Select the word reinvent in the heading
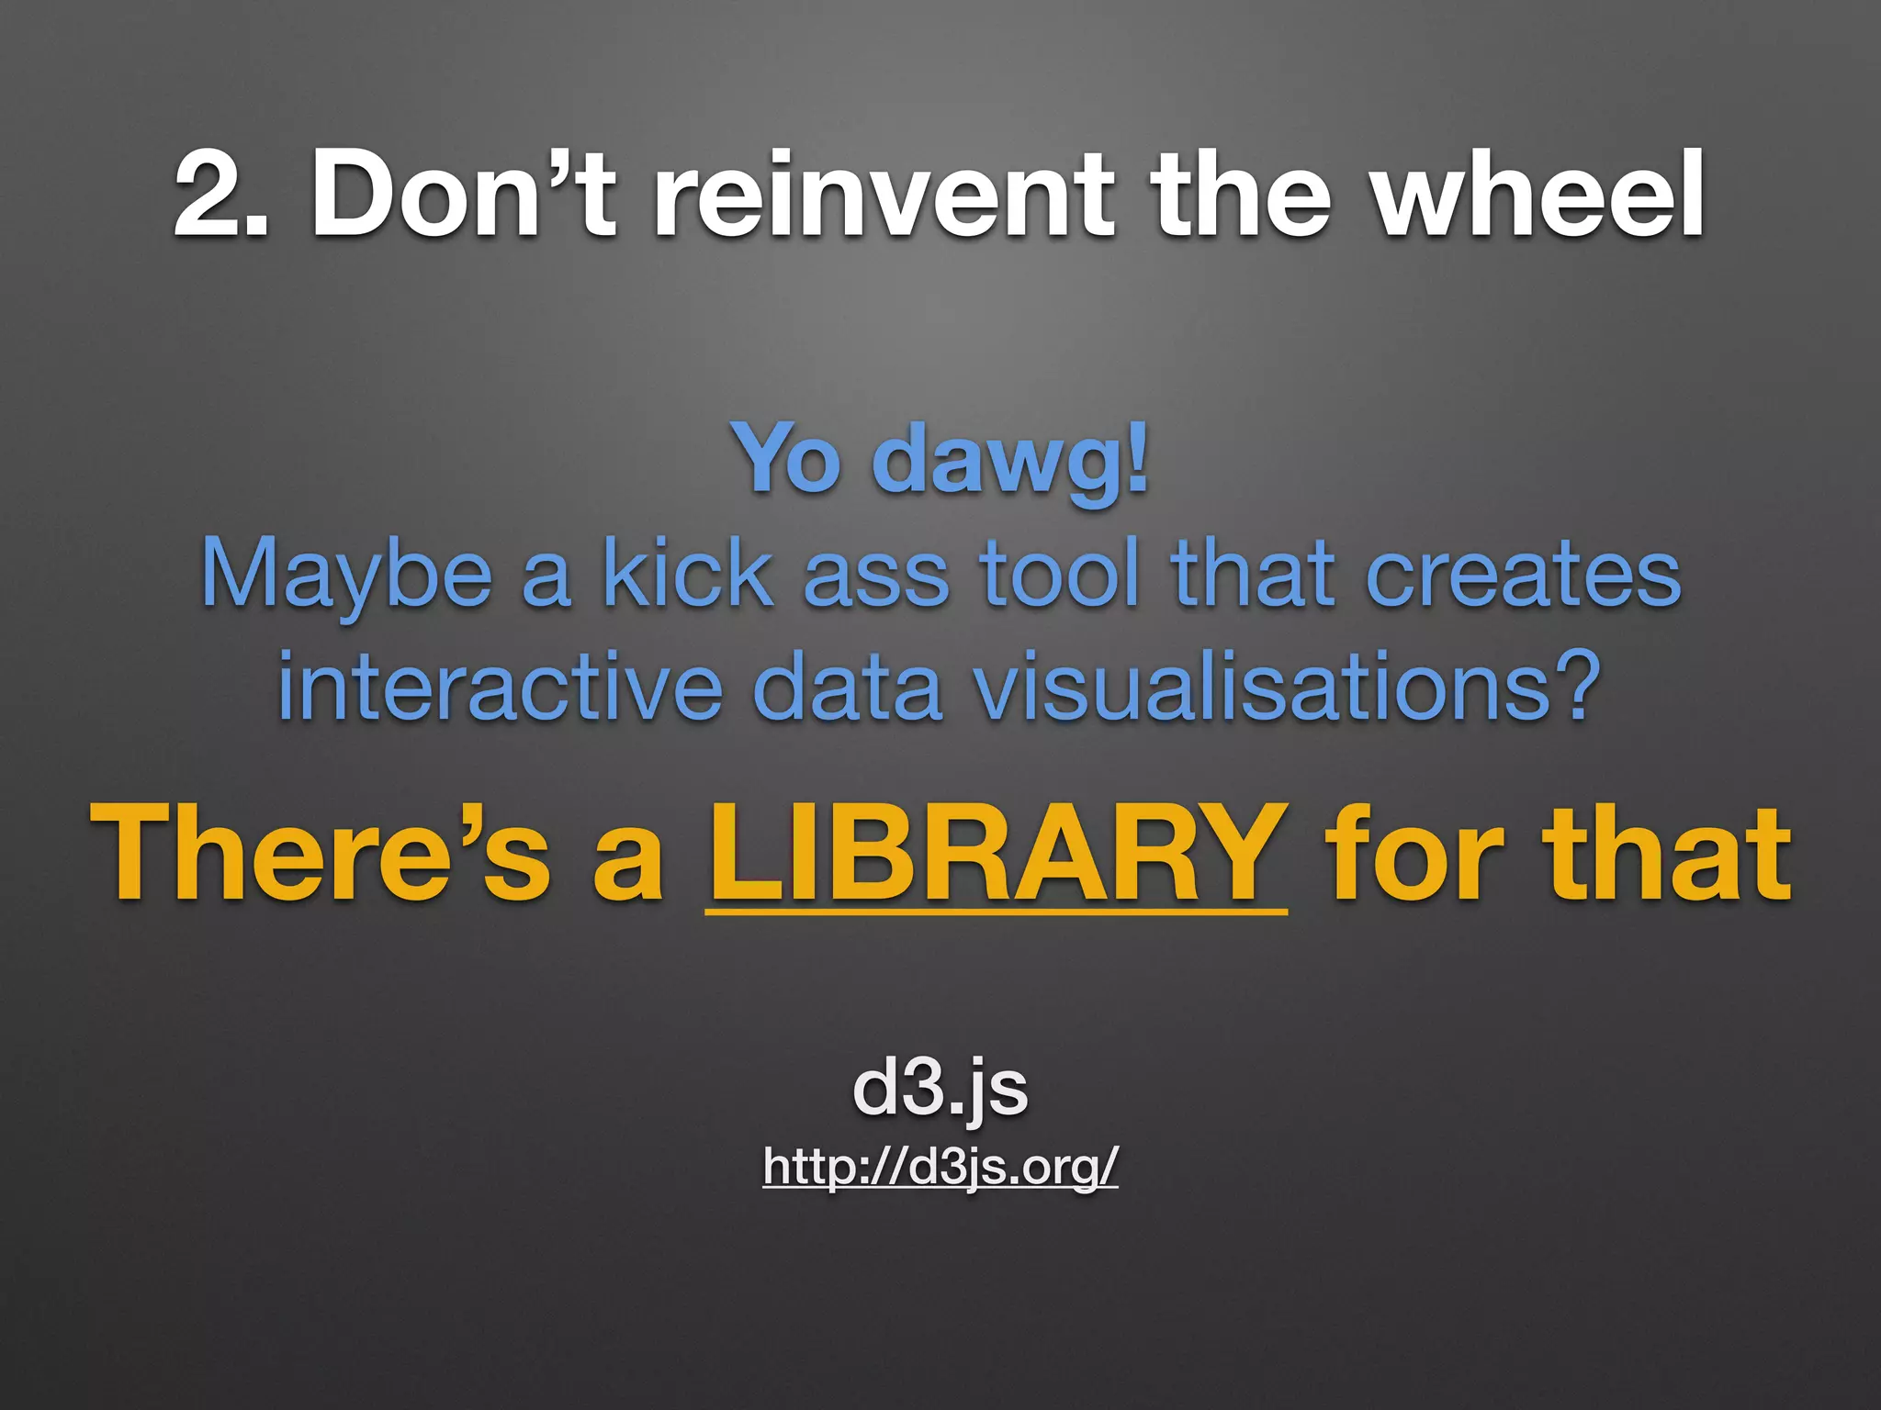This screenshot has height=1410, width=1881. [x=883, y=196]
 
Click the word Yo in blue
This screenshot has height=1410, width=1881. [x=786, y=459]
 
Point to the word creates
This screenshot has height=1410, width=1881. [x=1524, y=575]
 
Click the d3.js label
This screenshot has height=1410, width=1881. [x=940, y=1089]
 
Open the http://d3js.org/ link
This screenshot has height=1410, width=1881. [x=940, y=1168]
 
